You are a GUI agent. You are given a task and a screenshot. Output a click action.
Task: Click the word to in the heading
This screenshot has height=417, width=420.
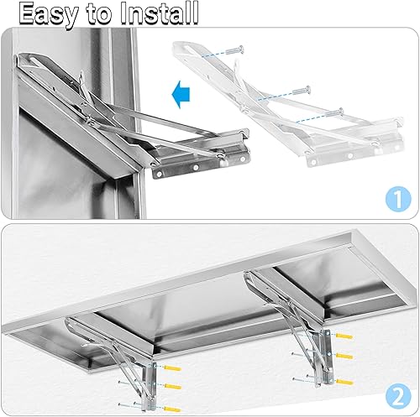coord(96,13)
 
